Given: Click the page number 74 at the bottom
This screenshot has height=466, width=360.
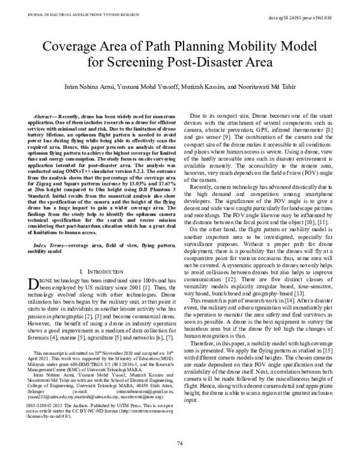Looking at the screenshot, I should pyautogui.click(x=179, y=443).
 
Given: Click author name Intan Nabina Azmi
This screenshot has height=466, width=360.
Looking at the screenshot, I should pyautogui.click(x=88, y=88).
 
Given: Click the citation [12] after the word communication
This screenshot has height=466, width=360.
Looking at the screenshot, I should pyautogui.click(x=230, y=263).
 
